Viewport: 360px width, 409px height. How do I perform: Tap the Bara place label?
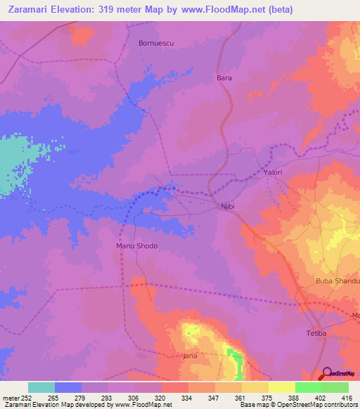(224, 78)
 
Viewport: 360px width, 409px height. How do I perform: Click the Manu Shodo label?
(137, 246)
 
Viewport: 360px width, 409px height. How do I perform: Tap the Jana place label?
(190, 356)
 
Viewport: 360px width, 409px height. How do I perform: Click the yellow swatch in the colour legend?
(282, 387)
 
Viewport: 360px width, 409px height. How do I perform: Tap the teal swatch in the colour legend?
(41, 387)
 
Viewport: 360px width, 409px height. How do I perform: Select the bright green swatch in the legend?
(309, 387)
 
